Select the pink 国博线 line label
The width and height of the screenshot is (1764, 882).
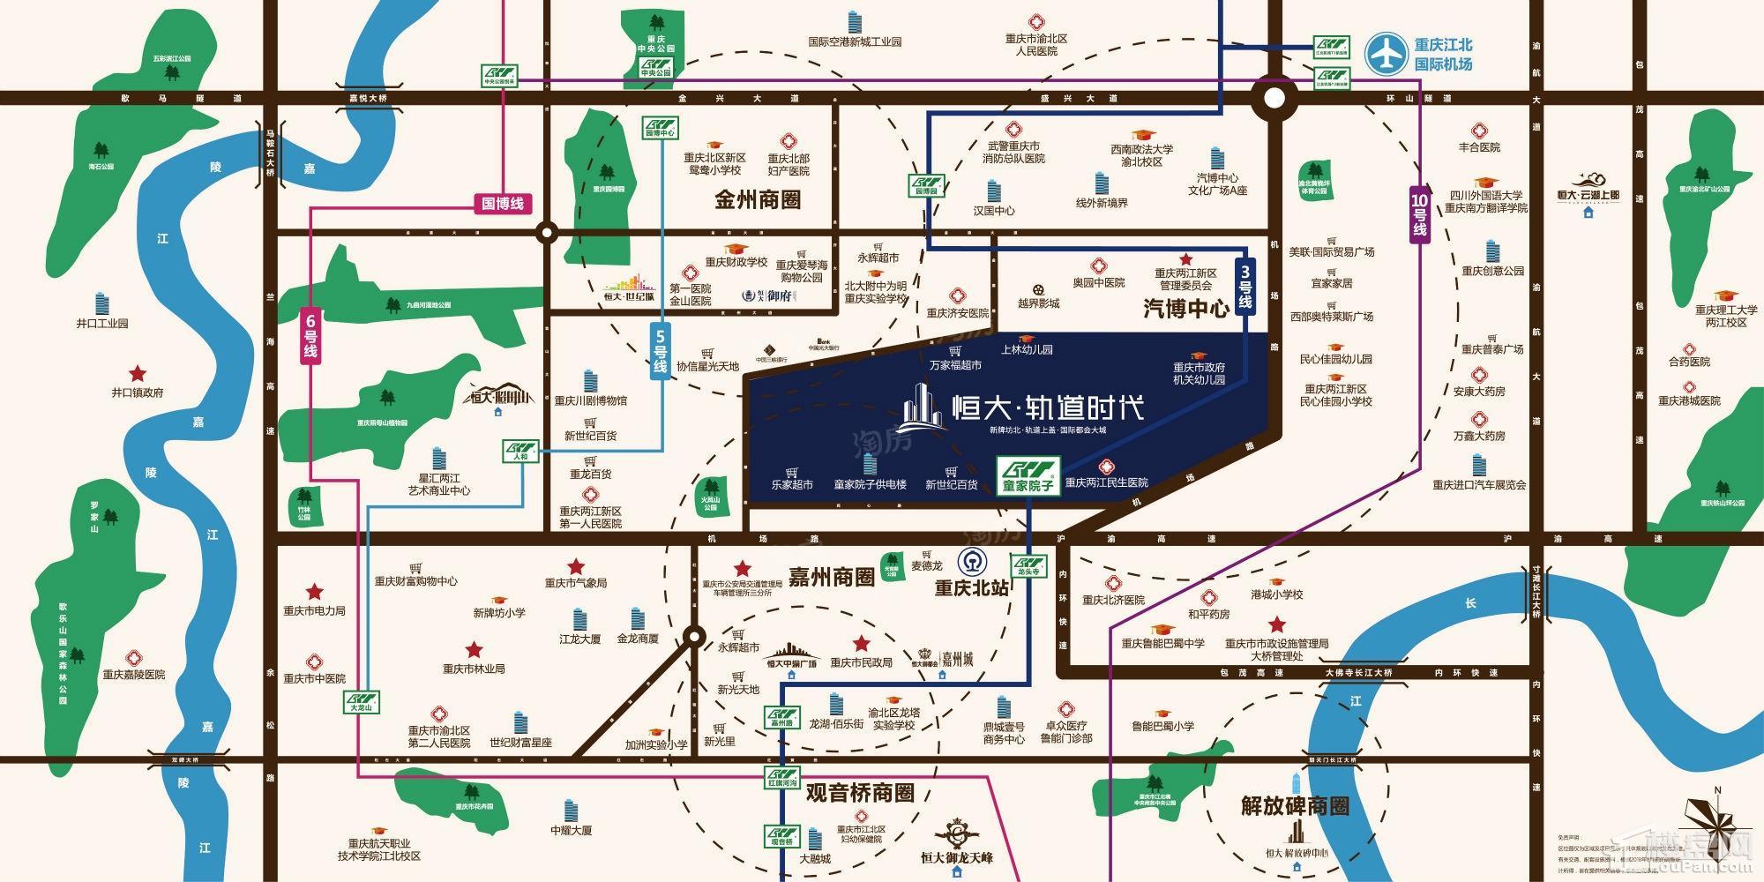pos(503,204)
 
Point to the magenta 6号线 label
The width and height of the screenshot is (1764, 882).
pos(310,333)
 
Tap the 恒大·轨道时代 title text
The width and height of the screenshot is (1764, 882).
pos(1049,407)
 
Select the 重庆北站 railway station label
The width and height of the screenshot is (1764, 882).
pos(971,587)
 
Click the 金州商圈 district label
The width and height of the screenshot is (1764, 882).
pos(758,199)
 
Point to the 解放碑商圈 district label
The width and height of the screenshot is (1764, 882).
pos(1295,805)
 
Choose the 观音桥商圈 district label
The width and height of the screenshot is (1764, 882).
pos(860,792)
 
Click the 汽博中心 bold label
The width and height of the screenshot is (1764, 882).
pos(1186,308)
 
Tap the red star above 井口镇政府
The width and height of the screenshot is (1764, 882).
pos(137,374)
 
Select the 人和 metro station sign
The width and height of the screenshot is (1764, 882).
pos(520,452)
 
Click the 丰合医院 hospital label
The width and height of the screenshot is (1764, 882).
pos(1479,147)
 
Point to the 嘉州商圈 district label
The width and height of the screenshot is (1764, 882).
pos(831,578)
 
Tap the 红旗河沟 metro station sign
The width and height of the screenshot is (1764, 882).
pos(781,778)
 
